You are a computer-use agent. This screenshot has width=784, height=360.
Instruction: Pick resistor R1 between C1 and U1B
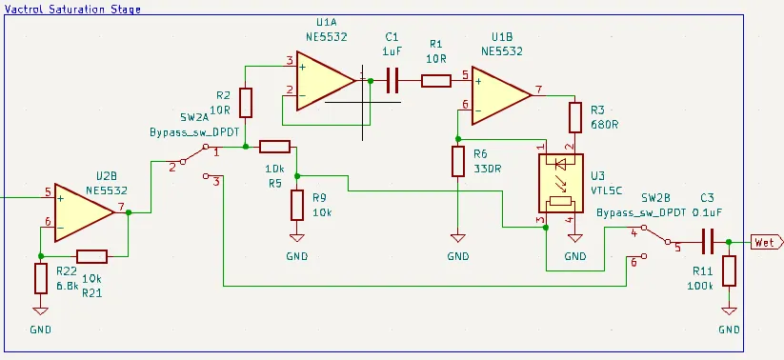[435, 82]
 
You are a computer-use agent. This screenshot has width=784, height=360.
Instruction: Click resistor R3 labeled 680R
[574, 118]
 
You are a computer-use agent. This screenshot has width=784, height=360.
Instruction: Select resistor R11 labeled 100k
[729, 271]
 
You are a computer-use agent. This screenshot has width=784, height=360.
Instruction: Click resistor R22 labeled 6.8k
[40, 279]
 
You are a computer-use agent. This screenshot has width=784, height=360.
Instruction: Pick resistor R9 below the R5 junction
[297, 204]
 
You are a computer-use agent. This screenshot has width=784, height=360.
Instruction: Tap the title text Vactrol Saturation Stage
[73, 9]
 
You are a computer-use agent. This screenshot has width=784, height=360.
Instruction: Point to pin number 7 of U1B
[539, 90]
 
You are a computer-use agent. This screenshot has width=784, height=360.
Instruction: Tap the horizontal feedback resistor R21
[92, 255]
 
